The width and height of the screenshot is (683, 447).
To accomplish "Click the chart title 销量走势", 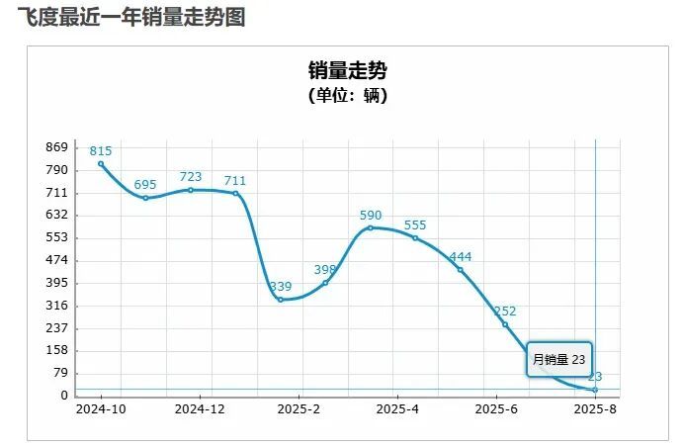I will pyautogui.click(x=347, y=70).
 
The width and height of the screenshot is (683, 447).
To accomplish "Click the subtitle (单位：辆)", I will pyautogui.click(x=347, y=96).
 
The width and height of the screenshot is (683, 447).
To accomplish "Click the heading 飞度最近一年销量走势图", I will pyautogui.click(x=131, y=18).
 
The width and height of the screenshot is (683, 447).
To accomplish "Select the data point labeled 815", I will pyautogui.click(x=101, y=164).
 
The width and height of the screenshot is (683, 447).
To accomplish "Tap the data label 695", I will pyautogui.click(x=145, y=185).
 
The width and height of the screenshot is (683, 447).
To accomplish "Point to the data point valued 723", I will pyautogui.click(x=191, y=190).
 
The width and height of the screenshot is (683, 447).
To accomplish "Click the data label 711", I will pyautogui.click(x=235, y=180).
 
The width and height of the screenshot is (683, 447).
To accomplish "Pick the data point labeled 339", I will pyautogui.click(x=281, y=300).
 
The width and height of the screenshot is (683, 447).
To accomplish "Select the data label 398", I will pyautogui.click(x=325, y=269).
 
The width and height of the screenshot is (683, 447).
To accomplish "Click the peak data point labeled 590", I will pyautogui.click(x=371, y=227).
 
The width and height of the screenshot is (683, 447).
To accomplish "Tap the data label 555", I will pyautogui.click(x=415, y=224).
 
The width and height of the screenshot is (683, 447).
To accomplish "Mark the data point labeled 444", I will pyautogui.click(x=460, y=270).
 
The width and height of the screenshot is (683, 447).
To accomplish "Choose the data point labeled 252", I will pyautogui.click(x=505, y=324).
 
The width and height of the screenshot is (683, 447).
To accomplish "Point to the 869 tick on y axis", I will pyautogui.click(x=56, y=147).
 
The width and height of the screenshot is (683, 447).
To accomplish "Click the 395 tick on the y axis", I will pyautogui.click(x=56, y=283).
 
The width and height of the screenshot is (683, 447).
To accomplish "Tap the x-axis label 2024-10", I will pyautogui.click(x=101, y=408).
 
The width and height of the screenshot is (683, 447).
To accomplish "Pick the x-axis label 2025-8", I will pyautogui.click(x=595, y=408).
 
